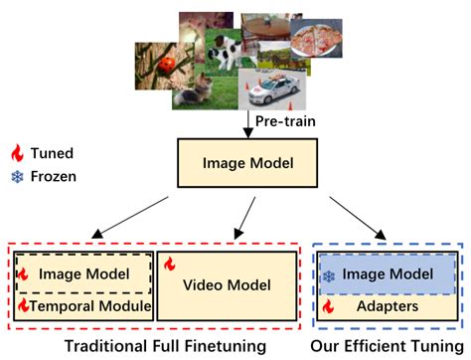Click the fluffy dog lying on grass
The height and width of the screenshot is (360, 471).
(193, 92)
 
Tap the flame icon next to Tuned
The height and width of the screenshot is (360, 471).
(16, 154)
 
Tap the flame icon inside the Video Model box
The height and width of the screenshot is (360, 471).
(169, 265)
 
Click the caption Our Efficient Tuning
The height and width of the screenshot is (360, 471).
(386, 346)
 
